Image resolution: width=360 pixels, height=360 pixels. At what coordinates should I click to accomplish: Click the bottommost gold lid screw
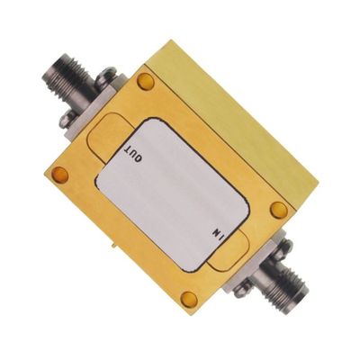pos(187,298)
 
